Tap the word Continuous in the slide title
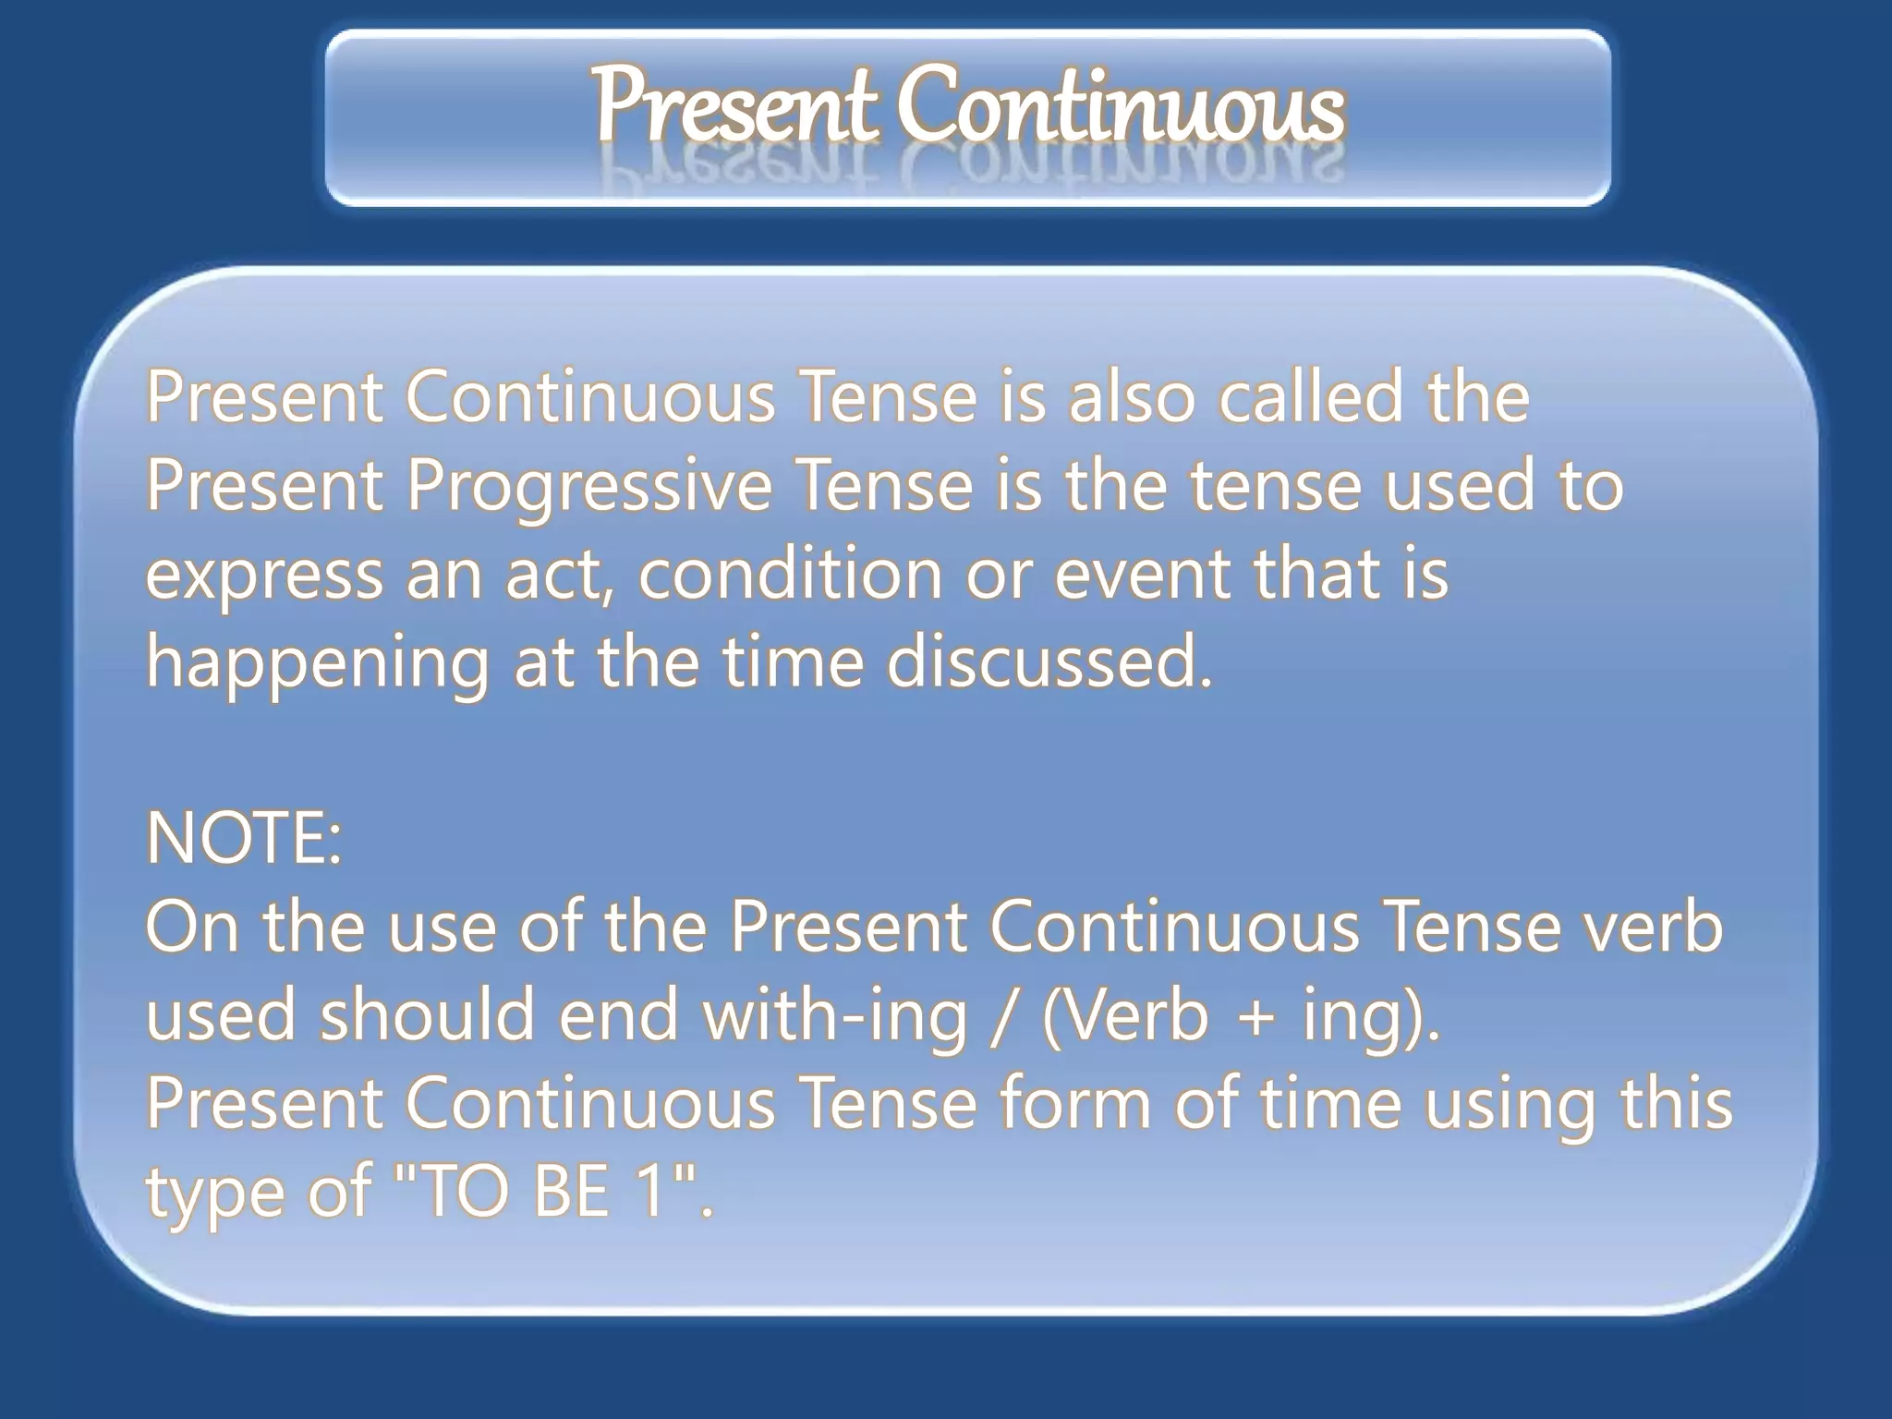tap(1122, 105)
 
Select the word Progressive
tap(588, 487)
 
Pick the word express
tap(264, 576)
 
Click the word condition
tap(790, 574)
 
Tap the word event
tap(1142, 574)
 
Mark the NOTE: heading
tap(244, 839)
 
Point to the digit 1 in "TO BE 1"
tap(653, 1192)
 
